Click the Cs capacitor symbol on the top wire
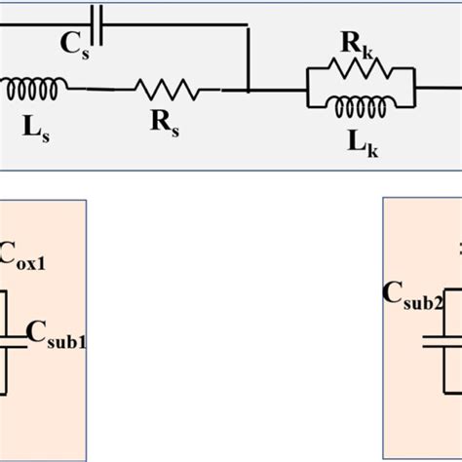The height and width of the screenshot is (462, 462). (95, 16)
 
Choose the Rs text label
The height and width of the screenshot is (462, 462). (163, 125)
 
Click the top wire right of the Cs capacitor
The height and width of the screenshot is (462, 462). (175, 16)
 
